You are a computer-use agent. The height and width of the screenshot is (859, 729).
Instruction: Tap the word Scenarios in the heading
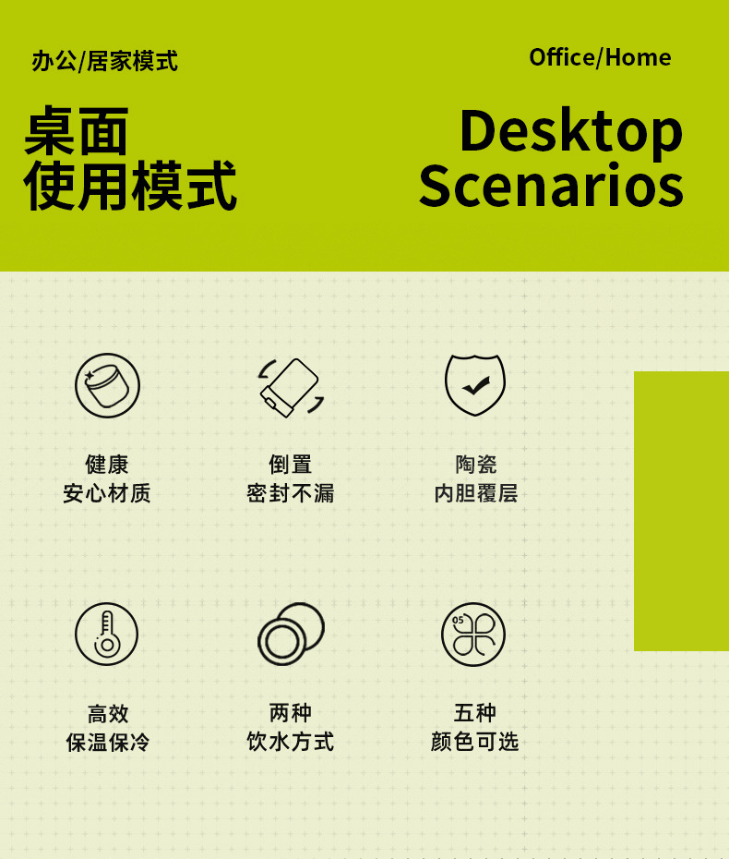click(x=551, y=186)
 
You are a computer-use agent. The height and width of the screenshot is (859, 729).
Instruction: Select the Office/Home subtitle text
click(x=600, y=57)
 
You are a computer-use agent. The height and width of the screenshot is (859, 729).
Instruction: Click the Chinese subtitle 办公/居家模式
click(x=104, y=61)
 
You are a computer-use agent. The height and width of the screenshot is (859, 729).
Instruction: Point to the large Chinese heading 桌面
click(x=76, y=131)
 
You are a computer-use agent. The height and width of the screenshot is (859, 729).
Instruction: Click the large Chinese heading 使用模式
click(x=130, y=186)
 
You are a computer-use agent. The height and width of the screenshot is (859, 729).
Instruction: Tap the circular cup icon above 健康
click(x=107, y=386)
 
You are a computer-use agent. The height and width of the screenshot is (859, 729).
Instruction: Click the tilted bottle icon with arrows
click(x=291, y=388)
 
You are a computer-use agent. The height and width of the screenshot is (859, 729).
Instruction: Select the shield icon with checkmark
click(x=475, y=384)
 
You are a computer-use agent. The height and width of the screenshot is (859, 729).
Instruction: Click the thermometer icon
click(x=107, y=635)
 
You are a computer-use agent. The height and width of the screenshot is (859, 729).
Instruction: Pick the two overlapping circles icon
click(x=292, y=634)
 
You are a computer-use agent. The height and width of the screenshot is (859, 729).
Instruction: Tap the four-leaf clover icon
click(x=473, y=635)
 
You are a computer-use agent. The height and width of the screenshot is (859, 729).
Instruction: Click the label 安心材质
click(x=107, y=493)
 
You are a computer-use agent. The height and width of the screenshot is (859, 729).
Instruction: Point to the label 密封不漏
click(x=291, y=493)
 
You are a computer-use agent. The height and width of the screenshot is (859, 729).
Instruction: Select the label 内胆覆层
click(x=475, y=493)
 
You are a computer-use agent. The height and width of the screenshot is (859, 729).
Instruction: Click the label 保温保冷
click(x=107, y=743)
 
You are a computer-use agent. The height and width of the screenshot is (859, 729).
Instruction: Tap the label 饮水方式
click(x=291, y=741)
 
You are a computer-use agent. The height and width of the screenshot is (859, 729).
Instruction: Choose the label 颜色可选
click(x=474, y=741)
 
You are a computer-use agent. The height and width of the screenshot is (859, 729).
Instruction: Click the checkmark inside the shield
click(x=476, y=386)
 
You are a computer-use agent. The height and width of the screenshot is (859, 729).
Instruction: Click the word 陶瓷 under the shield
click(x=475, y=465)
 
